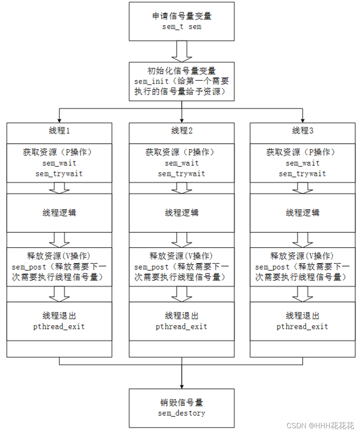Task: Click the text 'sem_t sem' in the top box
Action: (182, 27)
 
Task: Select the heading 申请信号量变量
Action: (182, 17)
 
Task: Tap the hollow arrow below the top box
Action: (182, 51)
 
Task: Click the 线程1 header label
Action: (60, 131)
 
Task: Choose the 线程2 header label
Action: (182, 131)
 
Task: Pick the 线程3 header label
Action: (303, 131)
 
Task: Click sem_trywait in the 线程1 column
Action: (60, 174)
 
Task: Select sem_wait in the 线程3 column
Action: (303, 163)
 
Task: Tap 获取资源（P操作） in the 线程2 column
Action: (182, 153)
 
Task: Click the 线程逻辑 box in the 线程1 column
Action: (60, 213)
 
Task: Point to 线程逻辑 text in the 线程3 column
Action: (303, 213)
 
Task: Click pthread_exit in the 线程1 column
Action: (60, 327)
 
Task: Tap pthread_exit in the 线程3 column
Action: (303, 327)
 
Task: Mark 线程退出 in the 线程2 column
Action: (182, 316)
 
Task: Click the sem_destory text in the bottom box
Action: (182, 413)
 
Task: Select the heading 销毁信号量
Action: (182, 403)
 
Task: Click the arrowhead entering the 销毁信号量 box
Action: (182, 386)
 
